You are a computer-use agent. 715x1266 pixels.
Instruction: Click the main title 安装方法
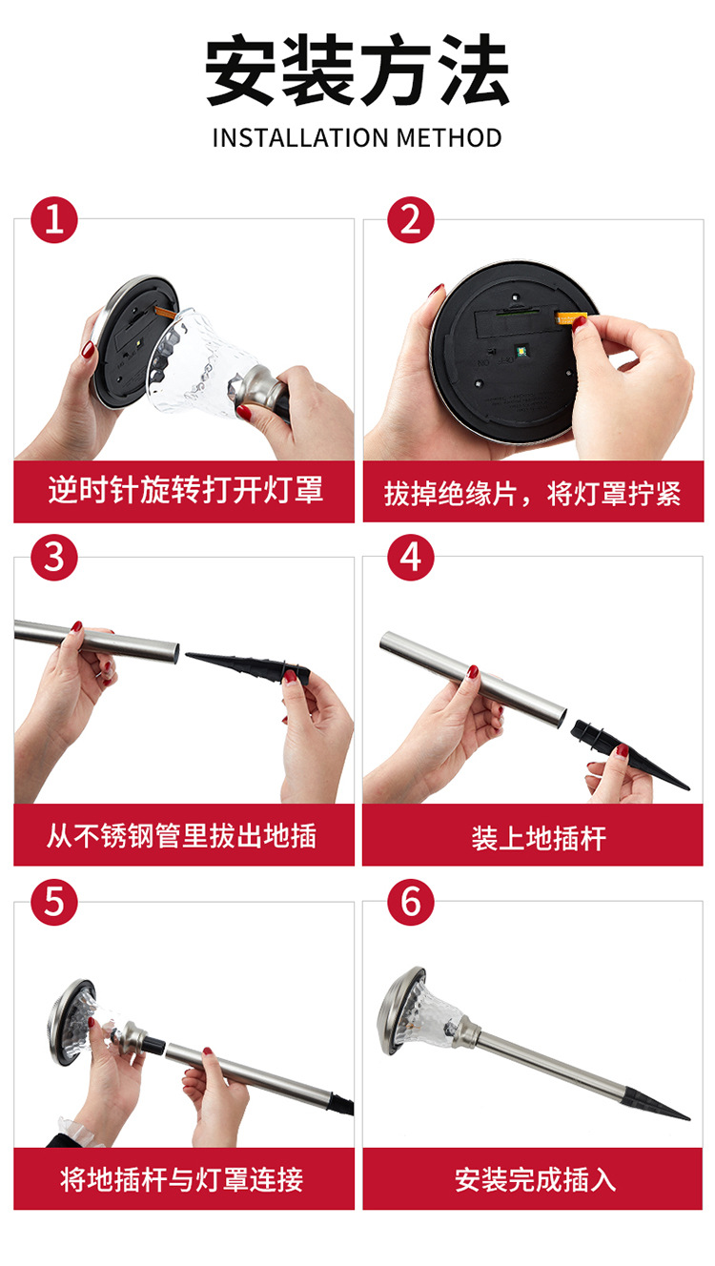coord(357,71)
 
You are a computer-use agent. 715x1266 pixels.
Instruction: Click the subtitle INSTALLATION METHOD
coord(357,137)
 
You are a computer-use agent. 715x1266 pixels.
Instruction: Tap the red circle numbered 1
coord(54,220)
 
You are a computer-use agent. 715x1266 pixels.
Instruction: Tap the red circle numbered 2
coord(411,220)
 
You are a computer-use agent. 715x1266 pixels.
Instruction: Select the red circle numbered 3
coord(54,558)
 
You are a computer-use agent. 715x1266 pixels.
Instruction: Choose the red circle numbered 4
coord(411,558)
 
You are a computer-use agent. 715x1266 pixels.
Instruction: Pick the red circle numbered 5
coord(54,902)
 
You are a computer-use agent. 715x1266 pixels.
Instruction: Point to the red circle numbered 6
coord(411,902)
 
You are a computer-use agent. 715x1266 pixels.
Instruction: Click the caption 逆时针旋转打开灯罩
coord(185,491)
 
